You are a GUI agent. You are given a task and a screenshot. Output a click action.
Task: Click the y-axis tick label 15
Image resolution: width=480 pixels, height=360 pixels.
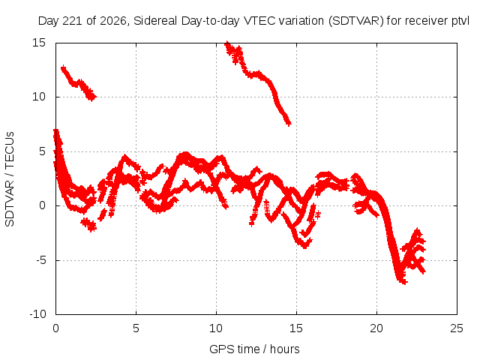click(x=39, y=43)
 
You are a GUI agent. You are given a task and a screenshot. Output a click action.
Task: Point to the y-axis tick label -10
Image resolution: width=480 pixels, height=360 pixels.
click(x=37, y=314)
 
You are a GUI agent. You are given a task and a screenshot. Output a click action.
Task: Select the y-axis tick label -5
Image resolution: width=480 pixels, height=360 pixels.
click(x=41, y=260)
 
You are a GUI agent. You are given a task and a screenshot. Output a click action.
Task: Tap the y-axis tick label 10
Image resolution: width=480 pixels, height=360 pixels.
click(x=39, y=97)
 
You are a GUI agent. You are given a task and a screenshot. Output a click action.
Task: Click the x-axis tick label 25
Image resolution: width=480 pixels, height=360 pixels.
click(x=457, y=328)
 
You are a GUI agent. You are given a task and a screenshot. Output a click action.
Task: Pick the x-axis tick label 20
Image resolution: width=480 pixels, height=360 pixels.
click(x=376, y=328)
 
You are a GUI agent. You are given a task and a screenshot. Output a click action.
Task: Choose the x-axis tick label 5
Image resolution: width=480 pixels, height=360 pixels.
click(x=136, y=328)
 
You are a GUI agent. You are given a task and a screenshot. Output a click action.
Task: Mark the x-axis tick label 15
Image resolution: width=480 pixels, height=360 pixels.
click(x=296, y=328)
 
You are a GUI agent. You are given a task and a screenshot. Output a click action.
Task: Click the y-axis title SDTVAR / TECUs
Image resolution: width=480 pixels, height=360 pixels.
click(x=10, y=179)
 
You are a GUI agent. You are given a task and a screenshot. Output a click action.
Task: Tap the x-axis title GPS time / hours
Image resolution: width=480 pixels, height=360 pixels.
click(x=254, y=349)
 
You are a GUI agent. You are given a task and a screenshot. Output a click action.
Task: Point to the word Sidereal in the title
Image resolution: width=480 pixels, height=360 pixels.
click(x=155, y=21)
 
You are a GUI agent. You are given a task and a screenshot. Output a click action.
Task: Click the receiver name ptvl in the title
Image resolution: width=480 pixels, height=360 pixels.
click(x=460, y=21)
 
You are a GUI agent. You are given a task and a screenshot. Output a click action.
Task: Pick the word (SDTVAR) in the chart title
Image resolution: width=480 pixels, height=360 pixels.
click(x=356, y=21)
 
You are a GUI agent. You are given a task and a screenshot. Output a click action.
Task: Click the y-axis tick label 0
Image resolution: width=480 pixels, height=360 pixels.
click(x=43, y=205)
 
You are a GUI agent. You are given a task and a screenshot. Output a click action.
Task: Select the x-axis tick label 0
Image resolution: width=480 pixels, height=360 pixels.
click(x=55, y=328)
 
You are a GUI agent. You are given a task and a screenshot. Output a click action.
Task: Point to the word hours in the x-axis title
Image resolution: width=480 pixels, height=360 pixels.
click(x=285, y=349)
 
